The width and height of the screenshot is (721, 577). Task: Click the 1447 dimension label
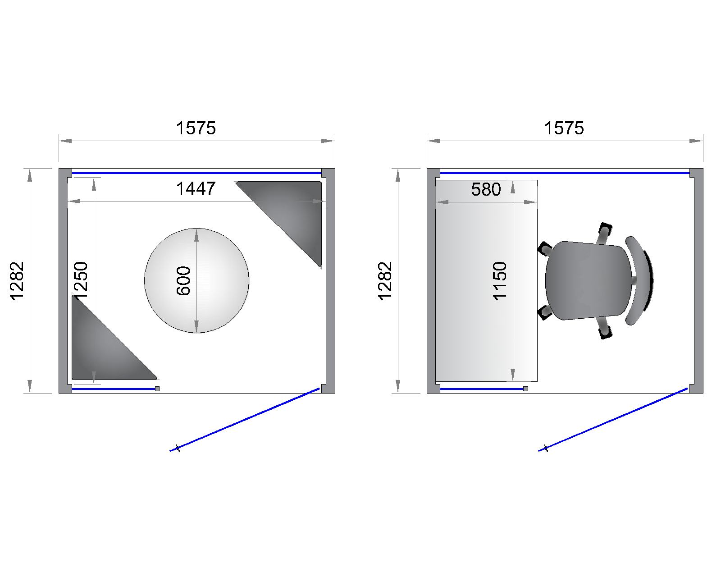click(196, 188)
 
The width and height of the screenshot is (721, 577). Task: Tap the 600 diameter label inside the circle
click(183, 281)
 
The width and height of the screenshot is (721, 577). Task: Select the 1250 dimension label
click(81, 280)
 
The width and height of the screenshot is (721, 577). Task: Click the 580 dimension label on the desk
click(486, 189)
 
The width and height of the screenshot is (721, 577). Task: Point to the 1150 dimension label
click(500, 281)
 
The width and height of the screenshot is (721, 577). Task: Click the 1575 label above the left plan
click(196, 128)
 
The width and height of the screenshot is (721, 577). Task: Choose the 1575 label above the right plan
click(564, 128)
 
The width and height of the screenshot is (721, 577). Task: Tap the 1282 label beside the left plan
click(17, 281)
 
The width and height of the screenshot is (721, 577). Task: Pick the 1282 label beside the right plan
click(385, 281)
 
